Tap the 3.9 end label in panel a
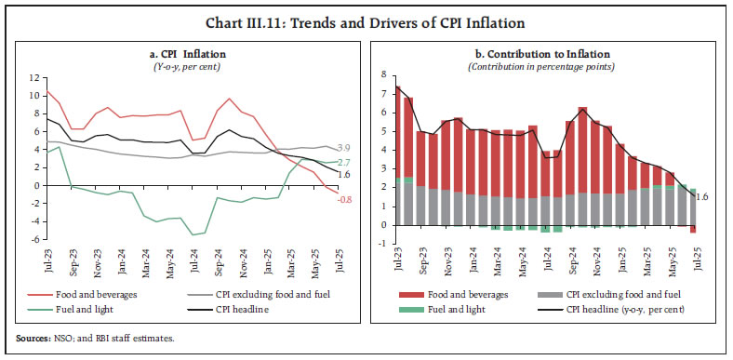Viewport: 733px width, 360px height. click(x=342, y=149)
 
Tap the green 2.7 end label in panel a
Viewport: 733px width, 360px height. click(x=342, y=163)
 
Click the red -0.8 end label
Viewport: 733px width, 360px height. click(x=343, y=199)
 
